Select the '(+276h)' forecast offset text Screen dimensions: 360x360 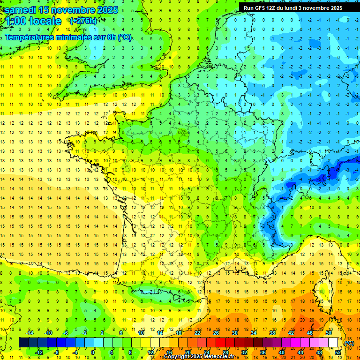(83, 21)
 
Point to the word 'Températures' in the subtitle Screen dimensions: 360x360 (30, 37)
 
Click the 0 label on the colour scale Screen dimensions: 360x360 (92, 352)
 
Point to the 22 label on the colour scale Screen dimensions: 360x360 (197, 333)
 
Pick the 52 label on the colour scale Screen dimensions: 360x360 (338, 352)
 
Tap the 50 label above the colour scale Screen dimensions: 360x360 (329, 333)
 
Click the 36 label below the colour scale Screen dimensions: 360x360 (263, 352)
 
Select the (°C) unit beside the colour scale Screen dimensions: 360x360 (349, 343)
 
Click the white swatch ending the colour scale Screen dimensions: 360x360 (333, 343)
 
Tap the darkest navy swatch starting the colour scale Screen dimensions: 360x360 (24, 343)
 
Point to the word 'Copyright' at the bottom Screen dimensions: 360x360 (177, 357)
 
